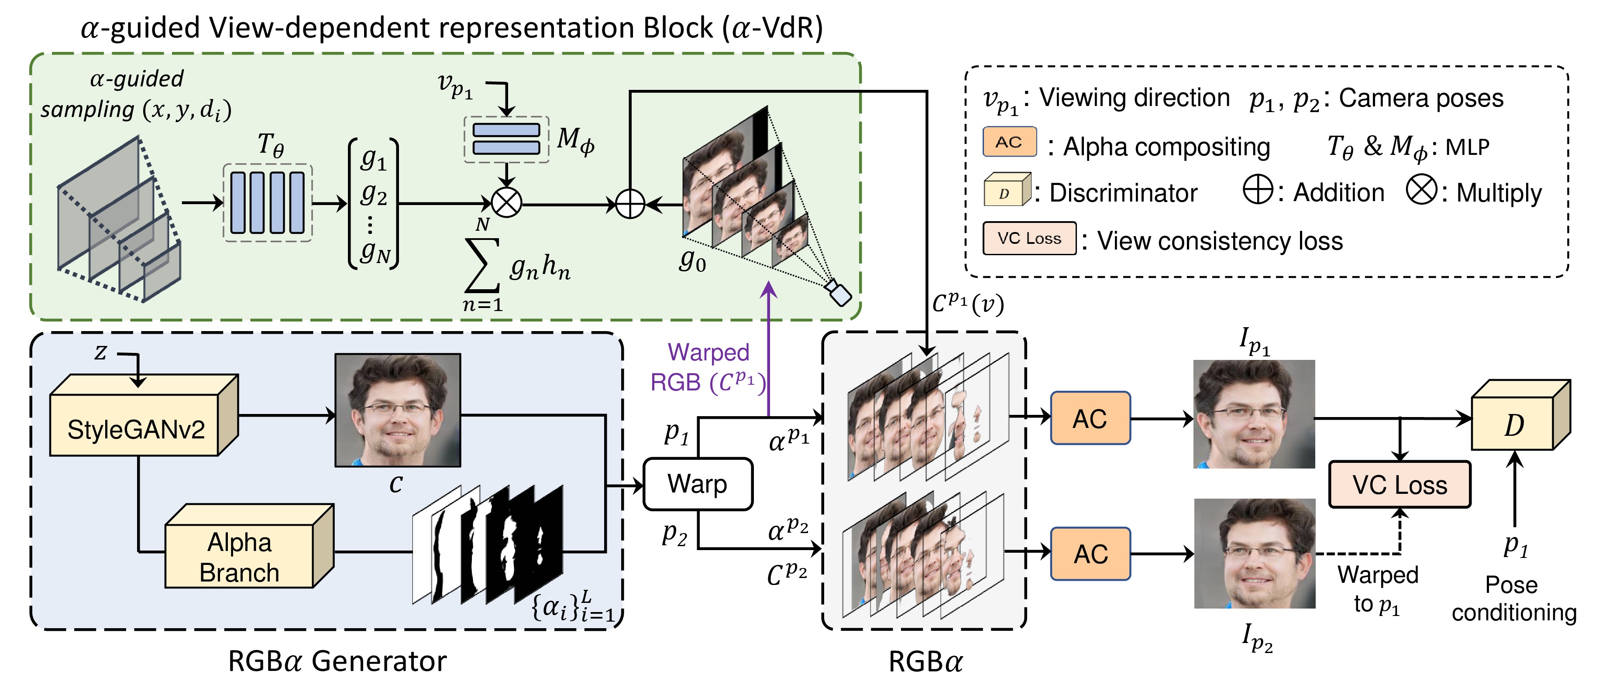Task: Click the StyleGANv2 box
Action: click(135, 428)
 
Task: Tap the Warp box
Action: click(698, 484)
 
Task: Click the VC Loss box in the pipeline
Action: click(1399, 485)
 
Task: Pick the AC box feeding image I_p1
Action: click(1090, 419)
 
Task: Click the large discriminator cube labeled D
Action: click(1513, 424)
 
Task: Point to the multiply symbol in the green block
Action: click(506, 203)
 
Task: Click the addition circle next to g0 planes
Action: click(630, 203)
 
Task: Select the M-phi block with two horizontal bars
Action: click(506, 139)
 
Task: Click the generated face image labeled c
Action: click(397, 410)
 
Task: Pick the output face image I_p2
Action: click(1255, 553)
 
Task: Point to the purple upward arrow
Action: click(769, 347)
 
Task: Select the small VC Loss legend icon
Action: click(1029, 238)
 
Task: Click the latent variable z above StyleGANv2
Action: click(100, 353)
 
